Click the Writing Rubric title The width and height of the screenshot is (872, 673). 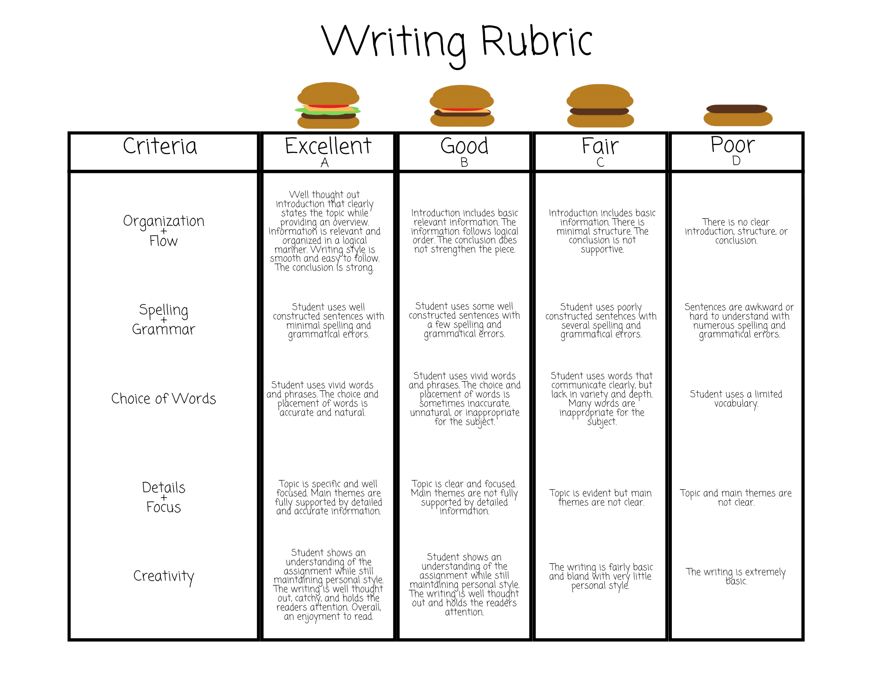point(457,42)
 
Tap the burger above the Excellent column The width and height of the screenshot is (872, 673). point(328,105)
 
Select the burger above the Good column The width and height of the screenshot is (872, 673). point(462,106)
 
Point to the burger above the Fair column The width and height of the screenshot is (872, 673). point(600,106)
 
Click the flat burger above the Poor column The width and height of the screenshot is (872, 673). point(738,115)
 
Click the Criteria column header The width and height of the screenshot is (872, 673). point(160,146)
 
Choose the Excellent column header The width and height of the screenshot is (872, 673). point(328,146)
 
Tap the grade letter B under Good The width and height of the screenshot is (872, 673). point(464,163)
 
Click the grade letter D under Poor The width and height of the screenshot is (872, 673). point(736,161)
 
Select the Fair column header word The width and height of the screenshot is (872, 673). point(600,146)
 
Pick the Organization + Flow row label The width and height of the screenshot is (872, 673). point(163,230)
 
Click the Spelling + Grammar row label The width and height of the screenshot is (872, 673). point(163,319)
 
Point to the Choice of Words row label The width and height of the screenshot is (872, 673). point(163,399)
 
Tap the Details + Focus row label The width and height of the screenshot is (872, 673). point(163,497)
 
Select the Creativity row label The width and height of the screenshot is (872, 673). point(163,576)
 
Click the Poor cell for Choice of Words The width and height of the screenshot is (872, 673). point(736,399)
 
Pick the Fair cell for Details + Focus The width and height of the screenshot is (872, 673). point(600,497)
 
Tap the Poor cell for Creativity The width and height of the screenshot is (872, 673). point(736,576)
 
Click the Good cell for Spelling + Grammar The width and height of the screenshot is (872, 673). point(464,320)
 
